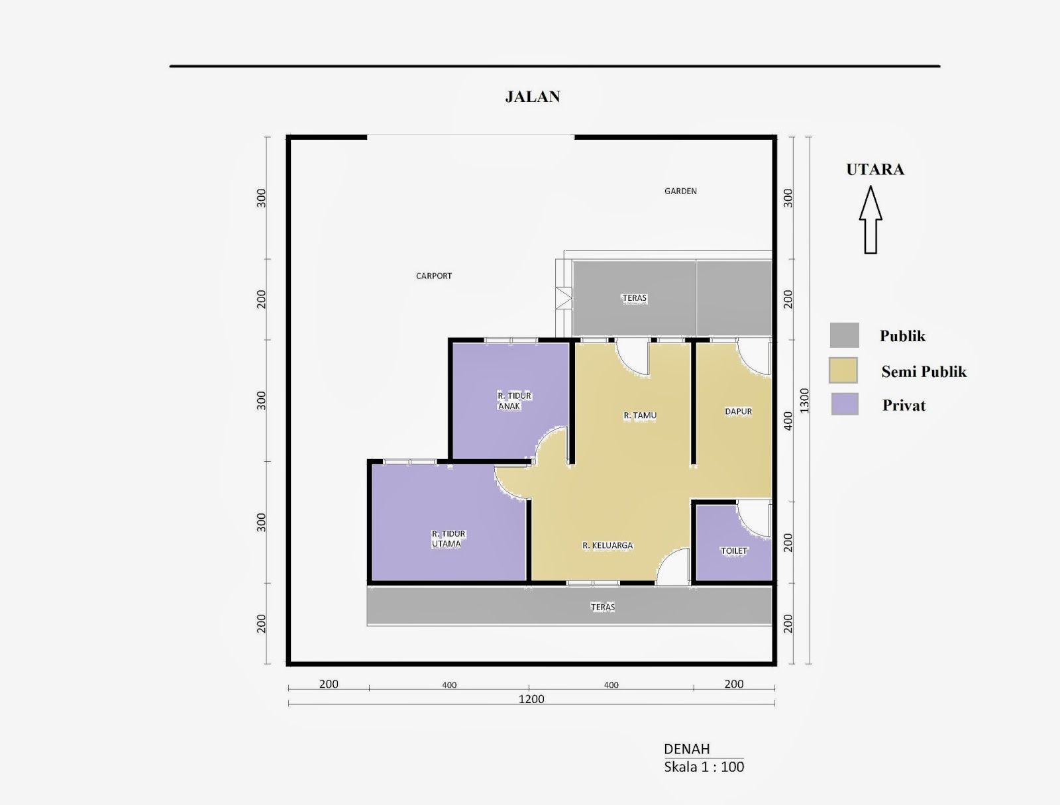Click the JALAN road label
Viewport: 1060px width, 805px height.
[533, 97]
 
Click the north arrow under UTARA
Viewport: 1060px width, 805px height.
[871, 220]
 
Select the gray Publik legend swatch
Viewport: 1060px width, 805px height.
[844, 335]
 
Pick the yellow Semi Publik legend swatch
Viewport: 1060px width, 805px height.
[843, 370]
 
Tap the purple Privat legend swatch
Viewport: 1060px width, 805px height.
[845, 404]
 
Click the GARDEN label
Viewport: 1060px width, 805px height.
[680, 191]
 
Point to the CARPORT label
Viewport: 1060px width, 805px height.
[434, 276]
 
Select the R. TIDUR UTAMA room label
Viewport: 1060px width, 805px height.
[448, 539]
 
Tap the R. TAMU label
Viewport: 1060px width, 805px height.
[640, 415]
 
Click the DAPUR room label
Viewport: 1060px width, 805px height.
[738, 411]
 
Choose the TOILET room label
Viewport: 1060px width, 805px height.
[734, 551]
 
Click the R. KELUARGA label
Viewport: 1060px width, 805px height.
[608, 545]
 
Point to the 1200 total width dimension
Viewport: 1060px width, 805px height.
[531, 699]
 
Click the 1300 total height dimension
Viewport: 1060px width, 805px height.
[804, 400]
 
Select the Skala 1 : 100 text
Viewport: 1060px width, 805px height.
[704, 767]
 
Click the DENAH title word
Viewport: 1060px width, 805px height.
[686, 749]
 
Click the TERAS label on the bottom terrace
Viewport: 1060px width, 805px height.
[603, 607]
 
